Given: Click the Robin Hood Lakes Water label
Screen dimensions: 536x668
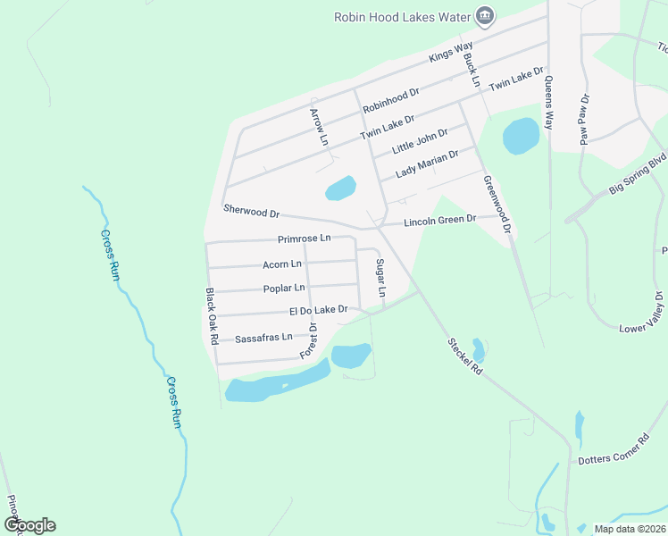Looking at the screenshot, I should (x=402, y=16).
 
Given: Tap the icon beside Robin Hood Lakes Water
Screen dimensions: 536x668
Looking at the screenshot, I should (x=485, y=15).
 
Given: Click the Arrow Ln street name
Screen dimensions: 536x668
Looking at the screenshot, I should (x=317, y=126).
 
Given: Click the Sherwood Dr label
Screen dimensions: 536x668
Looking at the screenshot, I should (x=252, y=213).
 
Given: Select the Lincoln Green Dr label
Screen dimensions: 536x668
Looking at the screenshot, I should (x=439, y=220).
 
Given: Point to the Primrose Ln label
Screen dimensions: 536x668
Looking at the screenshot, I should (x=304, y=239).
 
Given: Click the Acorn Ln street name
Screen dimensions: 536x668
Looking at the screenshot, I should (x=282, y=264).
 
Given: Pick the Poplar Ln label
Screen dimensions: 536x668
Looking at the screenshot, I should (x=284, y=288).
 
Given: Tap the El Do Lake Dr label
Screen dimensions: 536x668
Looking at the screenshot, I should (x=317, y=310).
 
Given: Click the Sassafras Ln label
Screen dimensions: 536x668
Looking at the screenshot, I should (x=263, y=338).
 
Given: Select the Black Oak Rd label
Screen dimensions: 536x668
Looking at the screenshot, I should (x=212, y=317).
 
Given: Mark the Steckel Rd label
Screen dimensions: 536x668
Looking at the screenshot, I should (x=465, y=355).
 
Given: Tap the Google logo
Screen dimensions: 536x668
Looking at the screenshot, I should (x=29, y=525).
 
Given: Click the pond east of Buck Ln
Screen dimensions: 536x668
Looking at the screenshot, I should (x=521, y=137).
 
